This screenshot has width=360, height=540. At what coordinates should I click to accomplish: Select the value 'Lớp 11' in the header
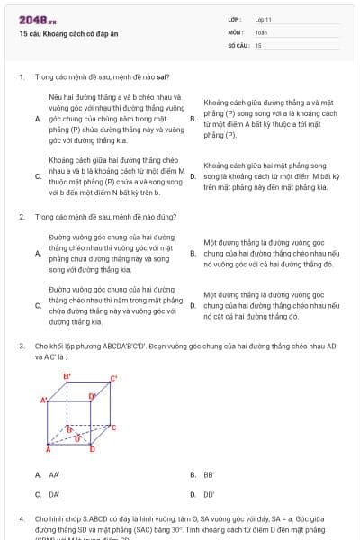point(263,18)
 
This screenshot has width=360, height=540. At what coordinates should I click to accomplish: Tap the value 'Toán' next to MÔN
point(261,31)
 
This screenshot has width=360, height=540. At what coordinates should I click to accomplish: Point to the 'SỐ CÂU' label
point(238,44)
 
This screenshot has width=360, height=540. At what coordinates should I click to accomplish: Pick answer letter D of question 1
point(193,176)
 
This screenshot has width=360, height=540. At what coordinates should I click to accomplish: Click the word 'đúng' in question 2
point(166,217)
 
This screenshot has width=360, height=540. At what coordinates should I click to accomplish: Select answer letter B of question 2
point(193,254)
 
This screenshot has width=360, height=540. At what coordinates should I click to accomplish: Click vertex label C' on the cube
point(114,378)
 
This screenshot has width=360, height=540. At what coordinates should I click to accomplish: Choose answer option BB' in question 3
point(209,474)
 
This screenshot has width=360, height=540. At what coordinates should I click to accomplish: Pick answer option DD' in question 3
point(209,494)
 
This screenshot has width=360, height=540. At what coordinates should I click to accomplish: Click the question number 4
point(22,519)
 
